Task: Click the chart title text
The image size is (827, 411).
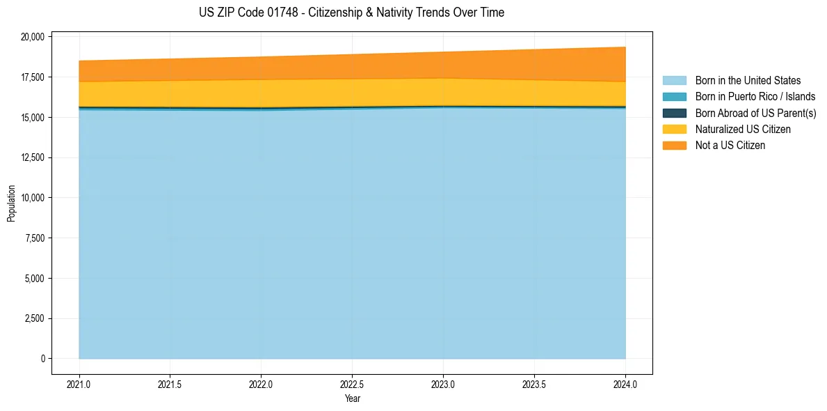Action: tap(351, 13)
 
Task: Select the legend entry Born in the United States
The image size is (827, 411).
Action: tap(748, 81)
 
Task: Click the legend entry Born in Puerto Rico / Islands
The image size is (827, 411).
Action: tap(755, 97)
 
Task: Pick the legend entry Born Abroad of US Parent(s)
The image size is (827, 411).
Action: tap(755, 113)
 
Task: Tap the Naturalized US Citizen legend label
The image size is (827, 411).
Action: tap(743, 130)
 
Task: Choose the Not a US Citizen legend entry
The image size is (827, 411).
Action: tap(730, 146)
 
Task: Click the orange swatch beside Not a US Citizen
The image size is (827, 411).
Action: tap(674, 146)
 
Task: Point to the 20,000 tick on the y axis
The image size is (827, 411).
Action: tap(33, 36)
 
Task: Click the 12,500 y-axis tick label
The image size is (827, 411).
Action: tap(33, 157)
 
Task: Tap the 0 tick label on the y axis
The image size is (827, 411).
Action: tap(43, 359)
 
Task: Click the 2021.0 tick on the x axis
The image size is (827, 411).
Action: tap(79, 384)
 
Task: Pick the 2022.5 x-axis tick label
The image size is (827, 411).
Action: tap(352, 384)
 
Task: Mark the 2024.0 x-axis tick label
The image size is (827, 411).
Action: tap(625, 384)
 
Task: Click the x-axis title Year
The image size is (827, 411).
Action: tap(352, 398)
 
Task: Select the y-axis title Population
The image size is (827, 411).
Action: tap(11, 203)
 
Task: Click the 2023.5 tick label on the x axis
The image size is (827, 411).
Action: tap(534, 384)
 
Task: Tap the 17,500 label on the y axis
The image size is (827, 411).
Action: tap(33, 77)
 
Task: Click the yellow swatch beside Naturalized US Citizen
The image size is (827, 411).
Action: tap(674, 130)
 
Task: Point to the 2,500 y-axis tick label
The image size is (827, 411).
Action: tap(35, 318)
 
